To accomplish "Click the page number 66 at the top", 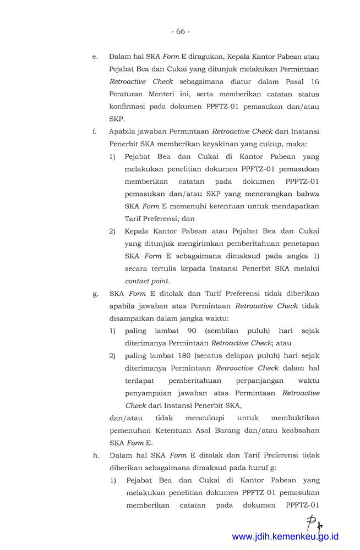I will [180, 31].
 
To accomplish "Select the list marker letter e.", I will [95, 57].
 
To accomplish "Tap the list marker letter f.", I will [95, 132].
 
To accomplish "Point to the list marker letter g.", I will [95, 293].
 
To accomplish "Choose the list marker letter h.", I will [95, 455].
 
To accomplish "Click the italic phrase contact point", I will [147, 280].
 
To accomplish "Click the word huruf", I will [255, 468].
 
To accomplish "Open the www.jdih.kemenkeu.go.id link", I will [285, 536].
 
